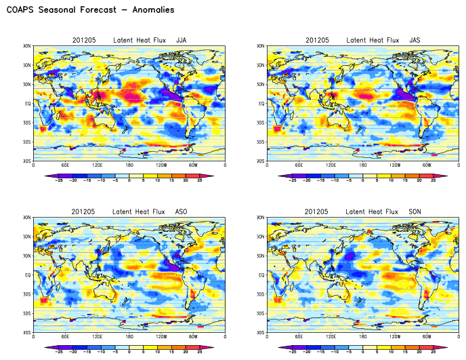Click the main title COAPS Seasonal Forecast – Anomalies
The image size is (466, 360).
[x=90, y=10]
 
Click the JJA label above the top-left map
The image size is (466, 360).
[x=181, y=41]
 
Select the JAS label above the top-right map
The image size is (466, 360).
[x=415, y=41]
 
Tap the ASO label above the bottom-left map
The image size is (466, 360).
[x=181, y=212]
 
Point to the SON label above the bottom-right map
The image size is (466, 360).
[x=415, y=212]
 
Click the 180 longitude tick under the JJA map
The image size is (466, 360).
[x=129, y=165]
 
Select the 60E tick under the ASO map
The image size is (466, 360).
[x=65, y=337]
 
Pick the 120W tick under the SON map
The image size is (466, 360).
[x=395, y=337]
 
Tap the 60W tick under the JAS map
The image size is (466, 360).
[x=427, y=165]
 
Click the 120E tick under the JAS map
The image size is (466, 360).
[x=331, y=165]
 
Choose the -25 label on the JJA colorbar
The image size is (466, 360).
[x=58, y=181]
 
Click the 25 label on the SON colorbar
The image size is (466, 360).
[x=434, y=353]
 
